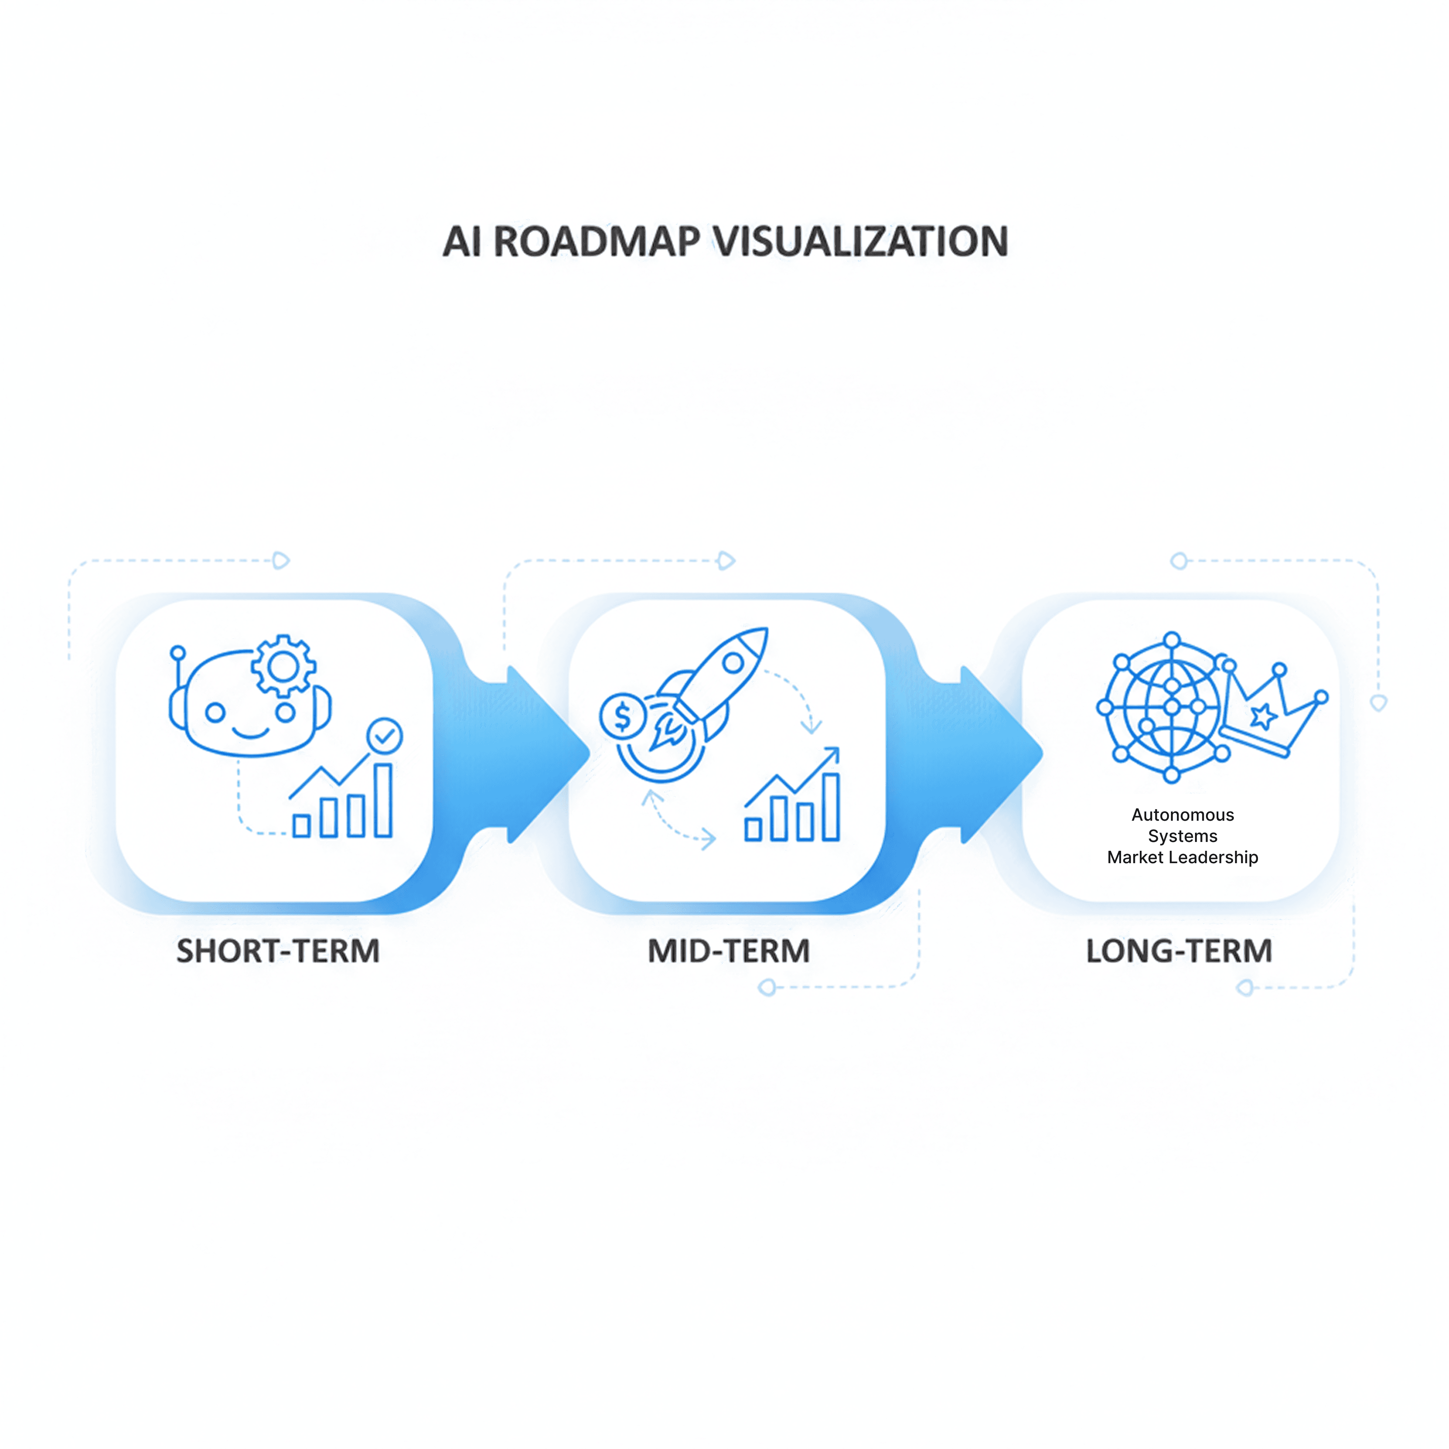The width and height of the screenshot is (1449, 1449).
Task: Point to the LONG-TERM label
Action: (x=1179, y=951)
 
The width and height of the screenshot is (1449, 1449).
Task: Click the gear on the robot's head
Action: (x=283, y=666)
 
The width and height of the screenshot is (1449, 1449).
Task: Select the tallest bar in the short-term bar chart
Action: (x=383, y=800)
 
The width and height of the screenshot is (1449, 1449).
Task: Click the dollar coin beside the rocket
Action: (x=623, y=716)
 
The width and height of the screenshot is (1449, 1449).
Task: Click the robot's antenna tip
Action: (x=178, y=652)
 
